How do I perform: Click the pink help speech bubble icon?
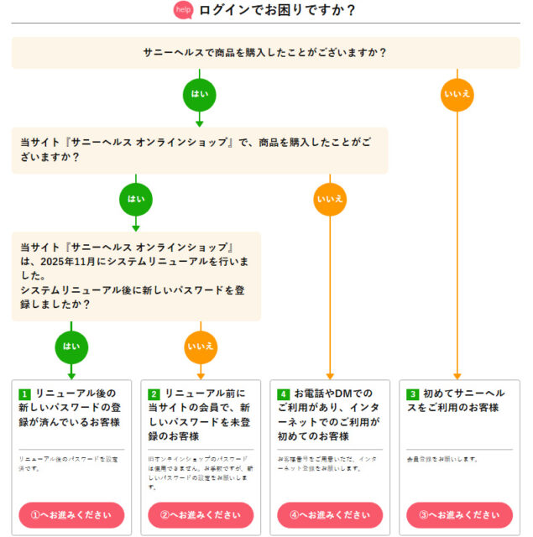183,10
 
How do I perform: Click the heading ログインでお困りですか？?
277,10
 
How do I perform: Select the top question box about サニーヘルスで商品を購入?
265,52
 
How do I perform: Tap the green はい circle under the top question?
200,93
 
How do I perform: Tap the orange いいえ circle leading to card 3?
457,93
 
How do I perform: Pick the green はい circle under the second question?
136,199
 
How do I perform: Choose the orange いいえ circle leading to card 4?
330,199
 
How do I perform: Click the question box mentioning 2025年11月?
136,276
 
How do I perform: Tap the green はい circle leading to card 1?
71,346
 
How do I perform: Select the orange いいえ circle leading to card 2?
201,346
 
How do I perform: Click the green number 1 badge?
24,394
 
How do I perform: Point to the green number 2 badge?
154,394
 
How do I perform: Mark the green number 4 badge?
284,394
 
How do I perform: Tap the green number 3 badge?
412,394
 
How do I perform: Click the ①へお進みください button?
71,514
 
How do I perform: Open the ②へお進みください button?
201,514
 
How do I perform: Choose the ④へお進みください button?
330,514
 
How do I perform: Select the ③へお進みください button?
459,514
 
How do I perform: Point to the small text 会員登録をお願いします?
442,459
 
